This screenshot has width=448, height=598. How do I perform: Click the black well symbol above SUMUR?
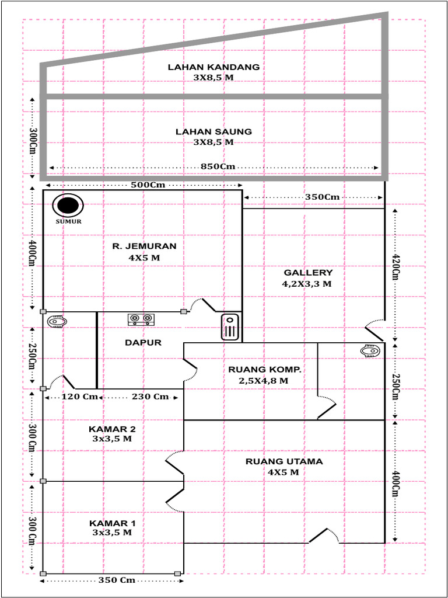pos(68,206)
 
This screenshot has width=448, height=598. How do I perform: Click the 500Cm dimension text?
pos(142,185)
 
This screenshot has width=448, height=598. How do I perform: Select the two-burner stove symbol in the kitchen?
pos(142,319)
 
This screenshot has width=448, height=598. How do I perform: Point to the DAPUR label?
pos(143,343)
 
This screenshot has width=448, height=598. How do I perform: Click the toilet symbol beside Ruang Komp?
pos(370,351)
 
